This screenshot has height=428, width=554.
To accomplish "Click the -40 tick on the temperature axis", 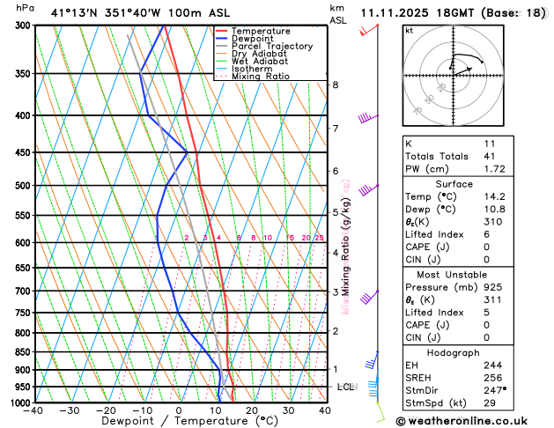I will [x=34, y=410].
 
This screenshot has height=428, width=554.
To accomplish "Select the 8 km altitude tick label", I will [x=335, y=85].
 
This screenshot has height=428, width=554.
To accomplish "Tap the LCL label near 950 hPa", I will [x=344, y=387].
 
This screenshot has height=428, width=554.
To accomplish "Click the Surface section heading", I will [x=453, y=183].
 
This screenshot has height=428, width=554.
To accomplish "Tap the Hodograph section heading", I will [x=453, y=352].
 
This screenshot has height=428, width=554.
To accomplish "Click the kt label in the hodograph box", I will [x=409, y=31].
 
